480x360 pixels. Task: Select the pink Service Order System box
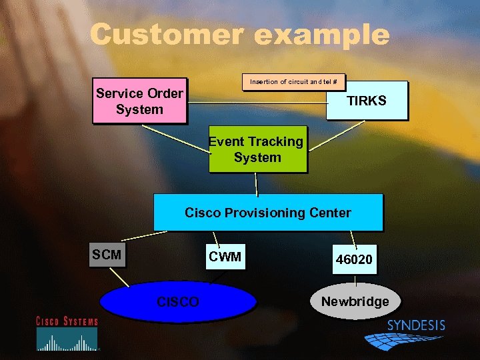(x=139, y=102)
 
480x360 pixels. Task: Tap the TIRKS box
(x=366, y=101)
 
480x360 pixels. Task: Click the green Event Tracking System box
(x=257, y=149)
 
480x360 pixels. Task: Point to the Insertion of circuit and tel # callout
(x=293, y=82)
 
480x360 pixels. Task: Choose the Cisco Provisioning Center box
(x=268, y=213)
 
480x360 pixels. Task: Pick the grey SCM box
(x=107, y=255)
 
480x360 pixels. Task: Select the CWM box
(x=225, y=257)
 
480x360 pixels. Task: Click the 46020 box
(x=354, y=259)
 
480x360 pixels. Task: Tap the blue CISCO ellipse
(x=178, y=302)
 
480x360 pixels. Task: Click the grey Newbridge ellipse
(x=355, y=301)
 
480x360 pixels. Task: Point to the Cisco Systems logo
(x=67, y=333)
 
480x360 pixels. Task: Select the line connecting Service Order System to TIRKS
(x=257, y=103)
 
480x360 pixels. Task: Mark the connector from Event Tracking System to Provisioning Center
(x=257, y=183)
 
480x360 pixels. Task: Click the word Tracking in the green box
(x=274, y=141)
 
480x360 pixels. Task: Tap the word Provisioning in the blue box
(x=268, y=213)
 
